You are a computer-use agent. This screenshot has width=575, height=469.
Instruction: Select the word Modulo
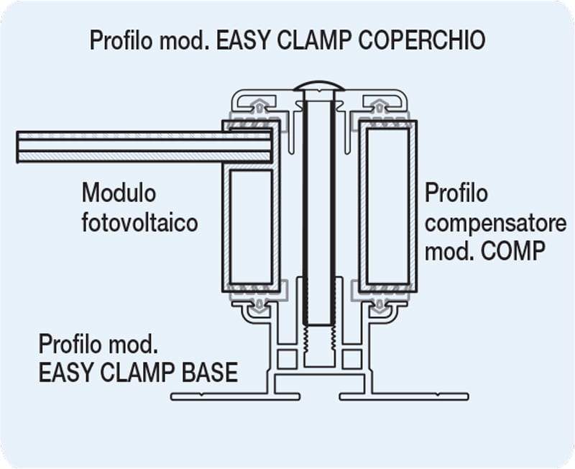pyautogui.click(x=119, y=193)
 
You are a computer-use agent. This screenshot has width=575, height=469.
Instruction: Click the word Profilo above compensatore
pyautogui.click(x=457, y=193)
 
